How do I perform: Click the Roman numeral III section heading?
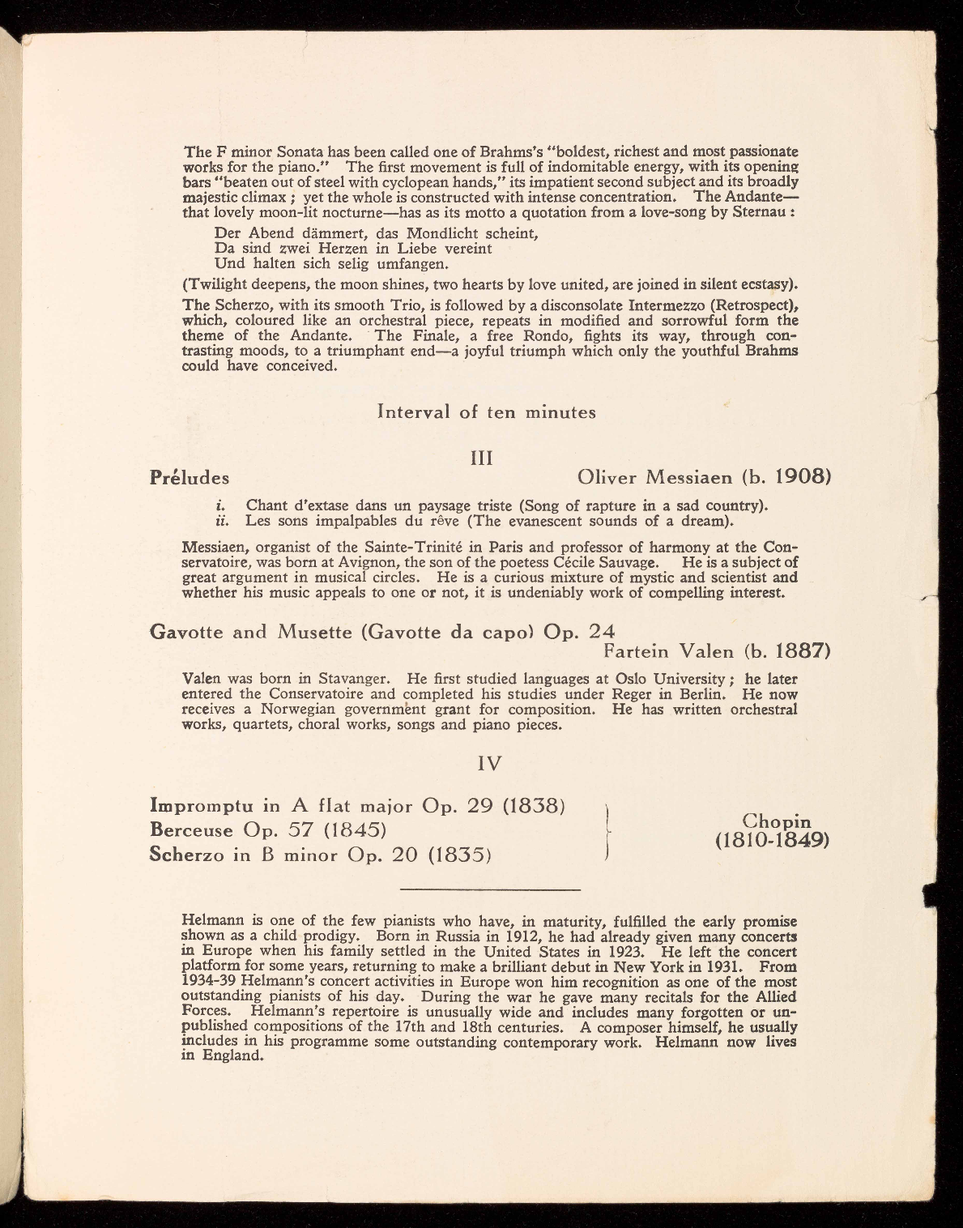(482, 458)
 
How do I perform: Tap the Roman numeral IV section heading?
(490, 763)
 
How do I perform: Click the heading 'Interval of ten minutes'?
(487, 411)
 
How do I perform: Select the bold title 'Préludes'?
(190, 477)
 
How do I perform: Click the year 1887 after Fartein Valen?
(799, 651)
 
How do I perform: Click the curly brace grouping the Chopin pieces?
(607, 829)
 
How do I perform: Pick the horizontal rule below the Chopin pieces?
(491, 890)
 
